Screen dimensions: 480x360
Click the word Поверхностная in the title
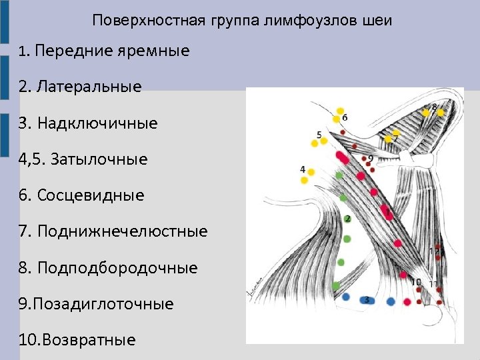pos(136,20)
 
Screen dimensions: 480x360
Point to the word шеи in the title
pos(378,20)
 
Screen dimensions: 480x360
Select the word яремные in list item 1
pos(155,51)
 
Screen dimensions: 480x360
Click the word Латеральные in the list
pos(89,87)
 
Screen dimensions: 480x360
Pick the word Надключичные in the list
pos(97,123)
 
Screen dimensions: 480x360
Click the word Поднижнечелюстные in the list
pos(123,231)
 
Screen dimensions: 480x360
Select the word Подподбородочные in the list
pos(117,268)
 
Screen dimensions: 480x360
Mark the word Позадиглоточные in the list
pos(106,304)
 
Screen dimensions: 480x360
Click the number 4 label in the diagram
pos(303,169)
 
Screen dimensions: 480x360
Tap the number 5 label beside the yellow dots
pos(319,135)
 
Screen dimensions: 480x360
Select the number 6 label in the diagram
pos(345,117)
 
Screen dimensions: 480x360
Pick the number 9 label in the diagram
pos(371,159)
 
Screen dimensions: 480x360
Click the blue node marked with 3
pos(366,300)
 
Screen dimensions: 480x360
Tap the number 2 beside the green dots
pos(348,219)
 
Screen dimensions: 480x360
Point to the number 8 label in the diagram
pos(435,107)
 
